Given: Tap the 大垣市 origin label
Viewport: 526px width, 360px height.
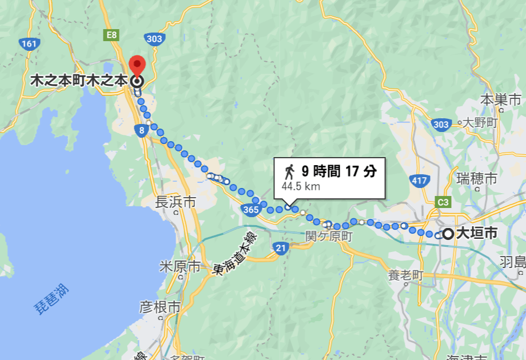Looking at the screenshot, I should pos(477,233).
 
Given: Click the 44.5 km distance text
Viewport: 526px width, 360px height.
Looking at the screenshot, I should pos(300,186).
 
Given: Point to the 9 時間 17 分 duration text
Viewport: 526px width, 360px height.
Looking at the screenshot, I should pos(339,171).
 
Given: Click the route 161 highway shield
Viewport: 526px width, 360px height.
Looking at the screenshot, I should pos(28,43).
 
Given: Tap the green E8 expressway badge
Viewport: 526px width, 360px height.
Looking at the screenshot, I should pos(111,35).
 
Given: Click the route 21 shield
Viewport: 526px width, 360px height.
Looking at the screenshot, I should pos(280,248).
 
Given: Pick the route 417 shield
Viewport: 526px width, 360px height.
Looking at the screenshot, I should pos(420,181).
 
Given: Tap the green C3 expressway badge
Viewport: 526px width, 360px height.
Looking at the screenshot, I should pos(443,202).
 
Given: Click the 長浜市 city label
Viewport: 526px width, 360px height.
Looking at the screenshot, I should pos(176,202).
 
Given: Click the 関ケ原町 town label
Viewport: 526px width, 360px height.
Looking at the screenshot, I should pos(329,235).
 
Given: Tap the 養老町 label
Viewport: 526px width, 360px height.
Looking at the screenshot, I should pos(405,275).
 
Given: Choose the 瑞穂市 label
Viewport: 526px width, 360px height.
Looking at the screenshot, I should pos(476,178).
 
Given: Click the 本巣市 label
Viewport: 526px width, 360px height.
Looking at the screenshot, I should pos(501,99).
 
